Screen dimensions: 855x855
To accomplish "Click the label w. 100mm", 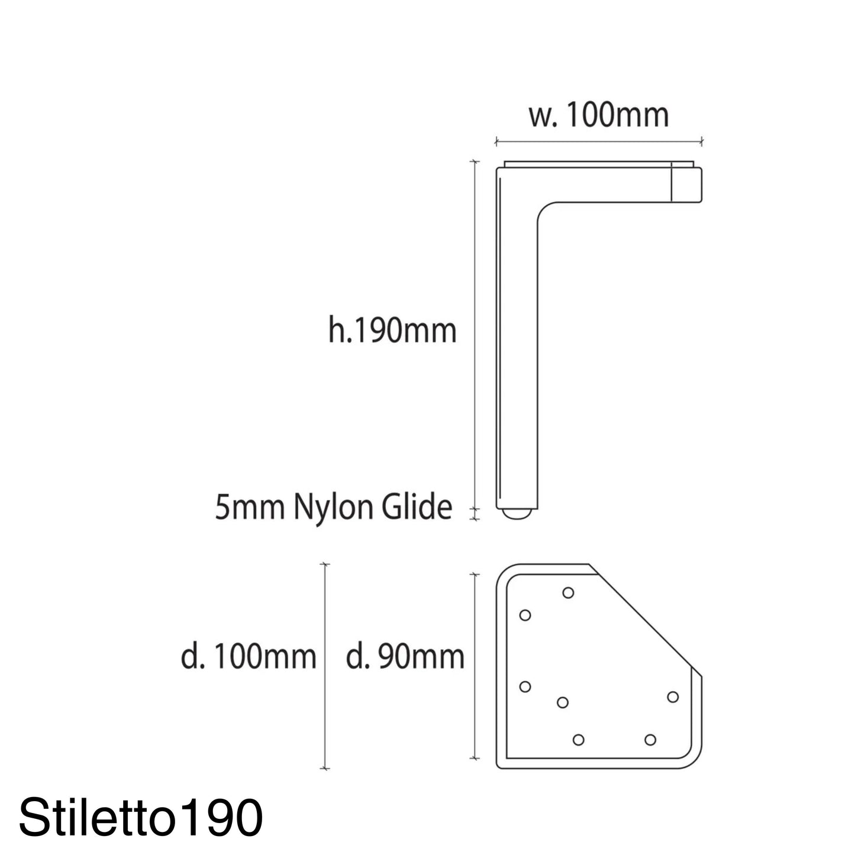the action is click(599, 116).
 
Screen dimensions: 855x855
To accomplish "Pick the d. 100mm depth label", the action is click(249, 657).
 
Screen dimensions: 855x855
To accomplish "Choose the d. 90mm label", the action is click(405, 657).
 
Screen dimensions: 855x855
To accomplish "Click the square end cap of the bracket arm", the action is click(686, 185).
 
